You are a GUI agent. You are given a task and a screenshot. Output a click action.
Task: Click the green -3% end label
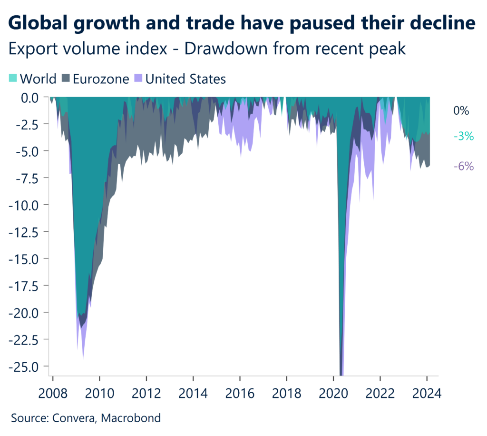click(463, 137)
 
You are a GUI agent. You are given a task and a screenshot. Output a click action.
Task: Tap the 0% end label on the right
click(461, 111)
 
